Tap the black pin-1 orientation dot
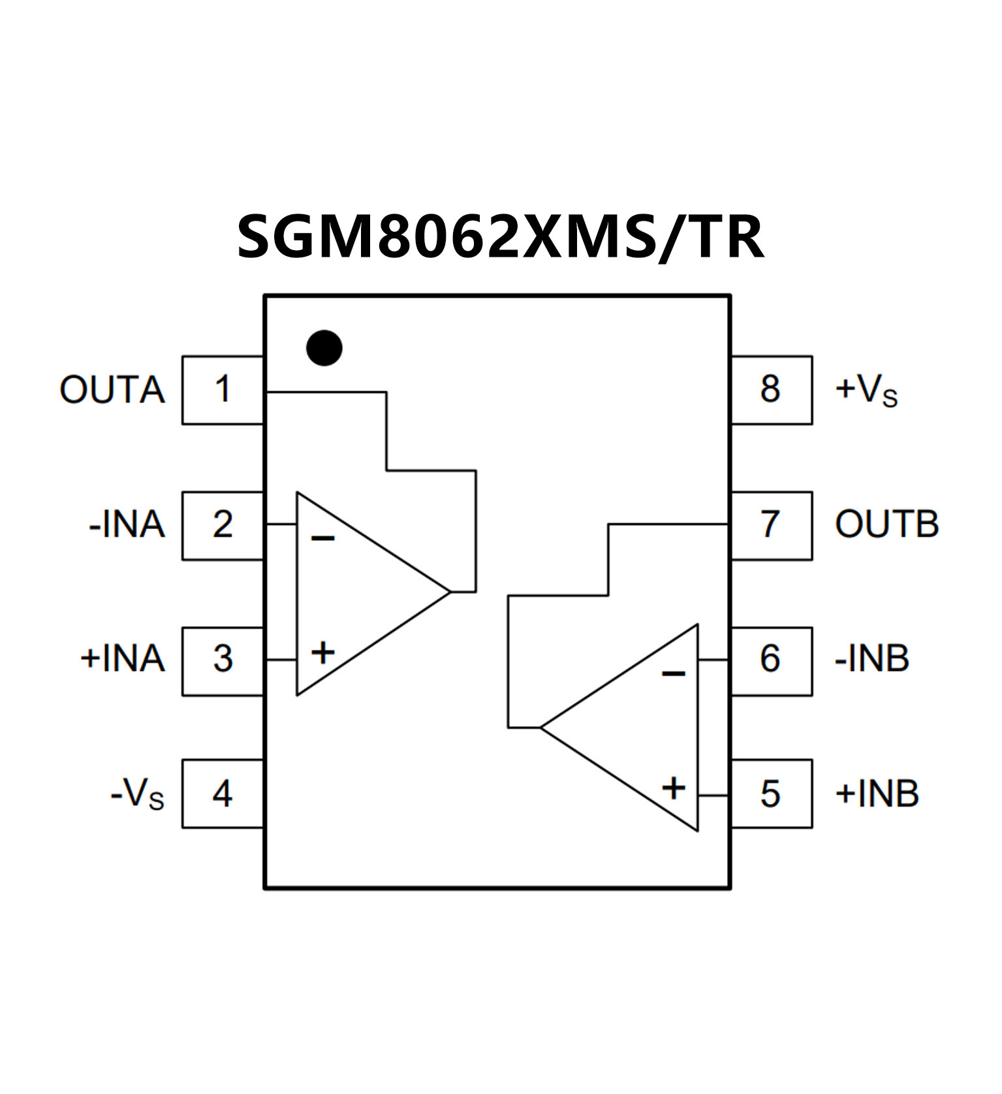pos(324,347)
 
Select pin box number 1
pos(223,390)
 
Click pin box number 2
pos(223,525)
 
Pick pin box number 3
pos(223,660)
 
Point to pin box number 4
pos(223,794)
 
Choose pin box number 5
pos(771,794)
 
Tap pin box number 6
pos(771,660)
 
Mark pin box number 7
pos(771,525)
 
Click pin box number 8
pos(771,390)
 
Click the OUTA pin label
pos(112,390)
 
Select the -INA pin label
pos(127,525)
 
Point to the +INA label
pos(122,658)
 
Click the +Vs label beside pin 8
pos(866,391)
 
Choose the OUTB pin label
pos(886,524)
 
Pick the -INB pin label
pos(871,658)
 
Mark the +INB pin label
pos(877,794)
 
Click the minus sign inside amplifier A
pos(323,538)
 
